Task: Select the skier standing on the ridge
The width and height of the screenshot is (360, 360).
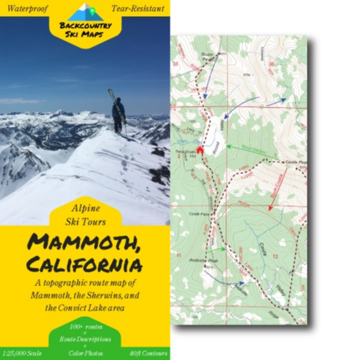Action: tap(119, 113)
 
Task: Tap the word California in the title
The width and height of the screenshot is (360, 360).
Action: tap(84, 263)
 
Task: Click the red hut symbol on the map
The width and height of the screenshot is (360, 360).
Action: tap(200, 148)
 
